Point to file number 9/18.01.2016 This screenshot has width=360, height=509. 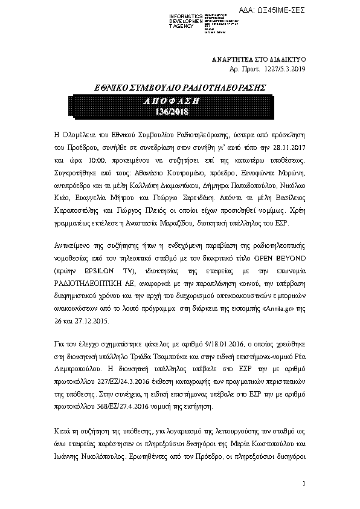point(220,344)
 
